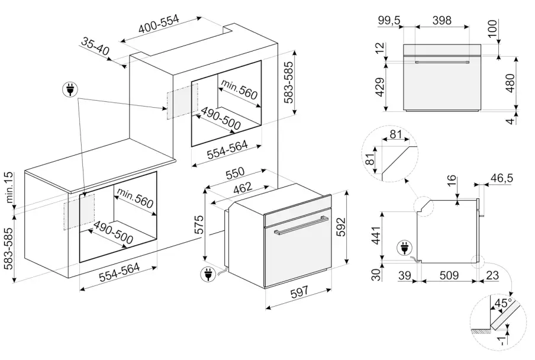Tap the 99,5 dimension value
[389, 21]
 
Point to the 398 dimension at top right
[441, 21]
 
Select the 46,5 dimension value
[504, 178]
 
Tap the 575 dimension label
[199, 226]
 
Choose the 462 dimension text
[241, 188]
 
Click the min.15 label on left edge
[9, 188]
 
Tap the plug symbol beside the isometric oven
[208, 274]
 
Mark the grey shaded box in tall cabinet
[182, 102]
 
